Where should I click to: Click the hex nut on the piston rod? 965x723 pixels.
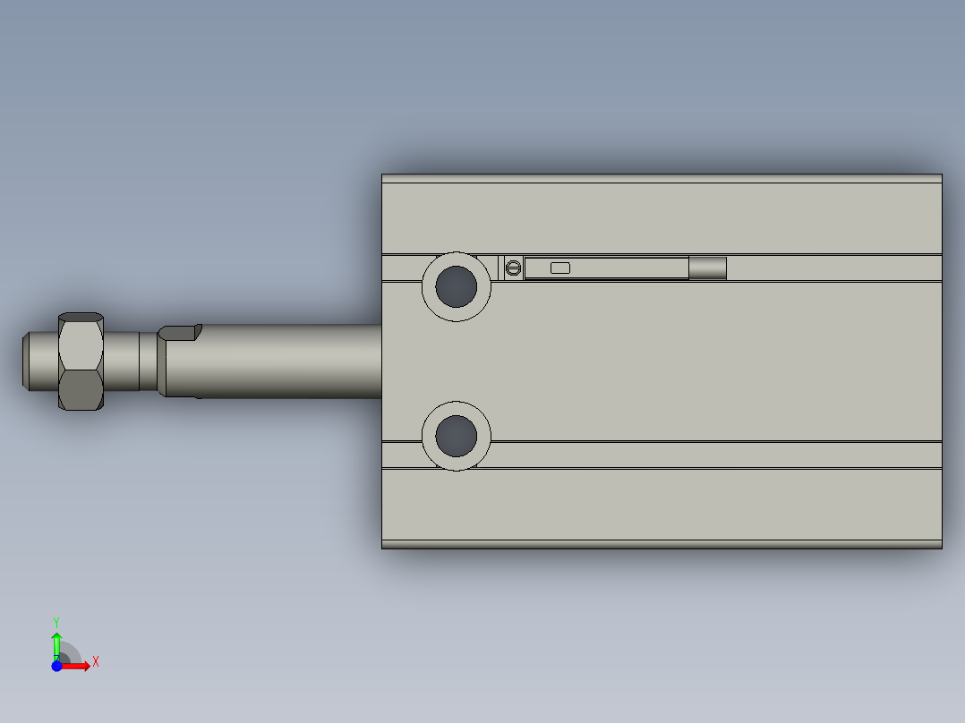click(x=81, y=361)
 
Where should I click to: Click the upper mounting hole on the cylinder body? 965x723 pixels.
click(x=457, y=286)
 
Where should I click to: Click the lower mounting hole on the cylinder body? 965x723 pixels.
click(x=457, y=436)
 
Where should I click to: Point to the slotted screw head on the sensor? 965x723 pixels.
click(x=513, y=268)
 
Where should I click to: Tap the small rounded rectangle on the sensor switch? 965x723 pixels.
click(x=560, y=268)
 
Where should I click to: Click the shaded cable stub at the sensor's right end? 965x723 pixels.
click(x=707, y=268)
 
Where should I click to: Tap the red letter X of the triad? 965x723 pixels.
click(x=96, y=662)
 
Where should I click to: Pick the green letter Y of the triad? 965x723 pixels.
click(x=56, y=621)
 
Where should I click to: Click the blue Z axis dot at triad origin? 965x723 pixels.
click(x=56, y=666)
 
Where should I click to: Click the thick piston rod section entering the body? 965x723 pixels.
click(x=286, y=361)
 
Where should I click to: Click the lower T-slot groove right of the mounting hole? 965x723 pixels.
click(x=716, y=455)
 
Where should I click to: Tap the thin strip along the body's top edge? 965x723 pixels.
click(x=662, y=179)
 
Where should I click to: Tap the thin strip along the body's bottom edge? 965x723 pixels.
click(x=662, y=544)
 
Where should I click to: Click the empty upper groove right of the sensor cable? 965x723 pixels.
click(x=833, y=268)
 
